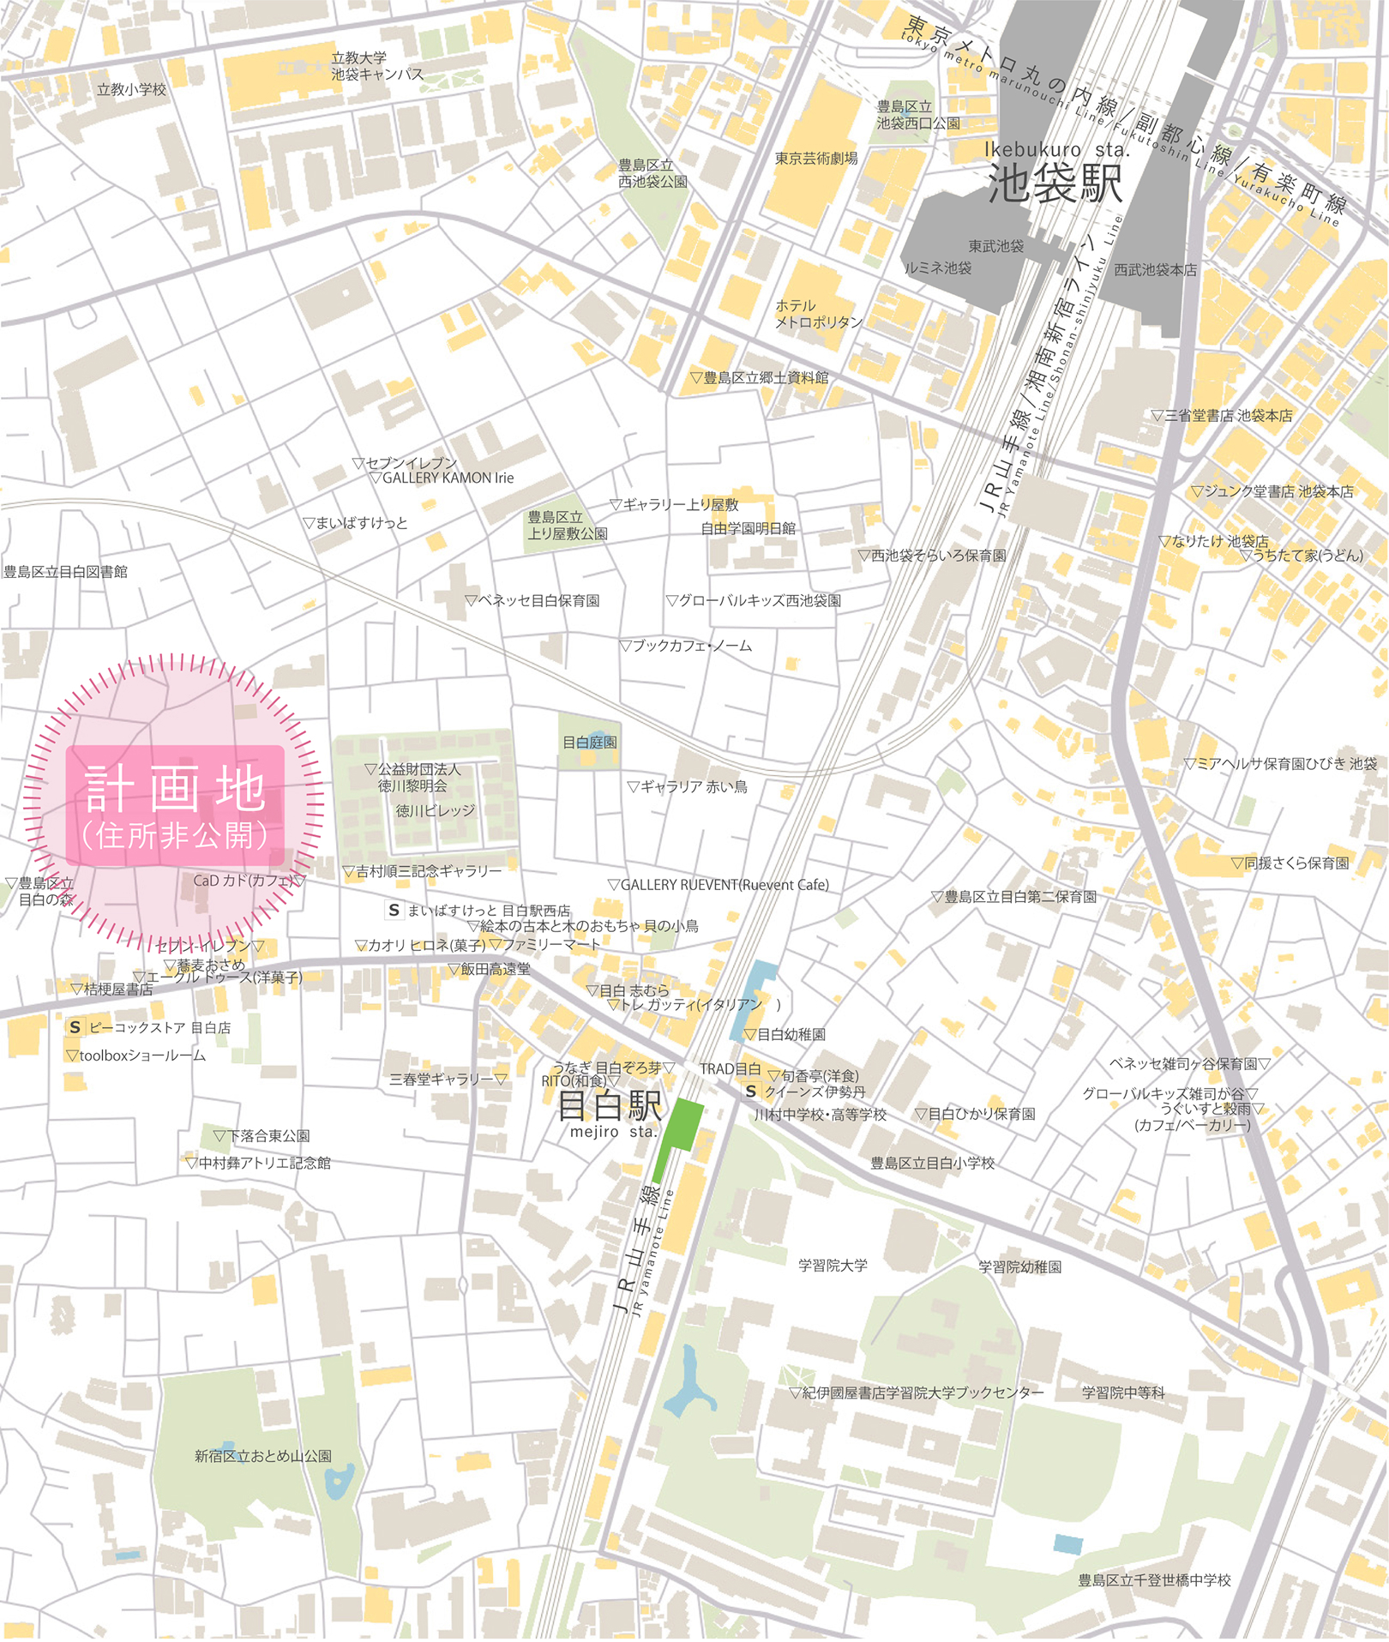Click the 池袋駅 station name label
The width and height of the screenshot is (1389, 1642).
pos(1055,182)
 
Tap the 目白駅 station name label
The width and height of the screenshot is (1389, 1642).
pos(610,1106)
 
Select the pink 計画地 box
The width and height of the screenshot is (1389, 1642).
pos(175,806)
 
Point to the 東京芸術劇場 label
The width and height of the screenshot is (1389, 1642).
pos(815,159)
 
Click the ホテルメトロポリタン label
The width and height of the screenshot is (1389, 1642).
pos(818,314)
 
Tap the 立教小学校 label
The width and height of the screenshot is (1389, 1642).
pos(131,89)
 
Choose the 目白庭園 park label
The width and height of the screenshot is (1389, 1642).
pos(589,743)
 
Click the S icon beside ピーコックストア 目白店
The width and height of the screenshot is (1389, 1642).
pos(75,1027)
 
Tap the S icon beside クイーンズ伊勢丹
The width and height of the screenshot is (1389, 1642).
pos(751,1092)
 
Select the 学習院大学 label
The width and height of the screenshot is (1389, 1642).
pos(833,1266)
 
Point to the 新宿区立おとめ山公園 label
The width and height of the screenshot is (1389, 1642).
pos(262,1456)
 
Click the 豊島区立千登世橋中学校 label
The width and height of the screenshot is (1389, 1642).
pos(1154,1580)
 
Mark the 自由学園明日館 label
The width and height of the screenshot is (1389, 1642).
pos(748,529)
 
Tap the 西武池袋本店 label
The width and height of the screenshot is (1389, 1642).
pos(1154,270)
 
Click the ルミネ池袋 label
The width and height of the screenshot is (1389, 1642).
pos(938,268)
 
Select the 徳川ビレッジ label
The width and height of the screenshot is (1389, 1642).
pos(435,810)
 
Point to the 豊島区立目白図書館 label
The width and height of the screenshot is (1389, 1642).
pos(65,572)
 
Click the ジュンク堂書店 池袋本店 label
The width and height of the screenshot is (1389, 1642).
pos(1278,492)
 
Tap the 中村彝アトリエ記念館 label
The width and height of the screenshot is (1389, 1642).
pos(263,1164)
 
